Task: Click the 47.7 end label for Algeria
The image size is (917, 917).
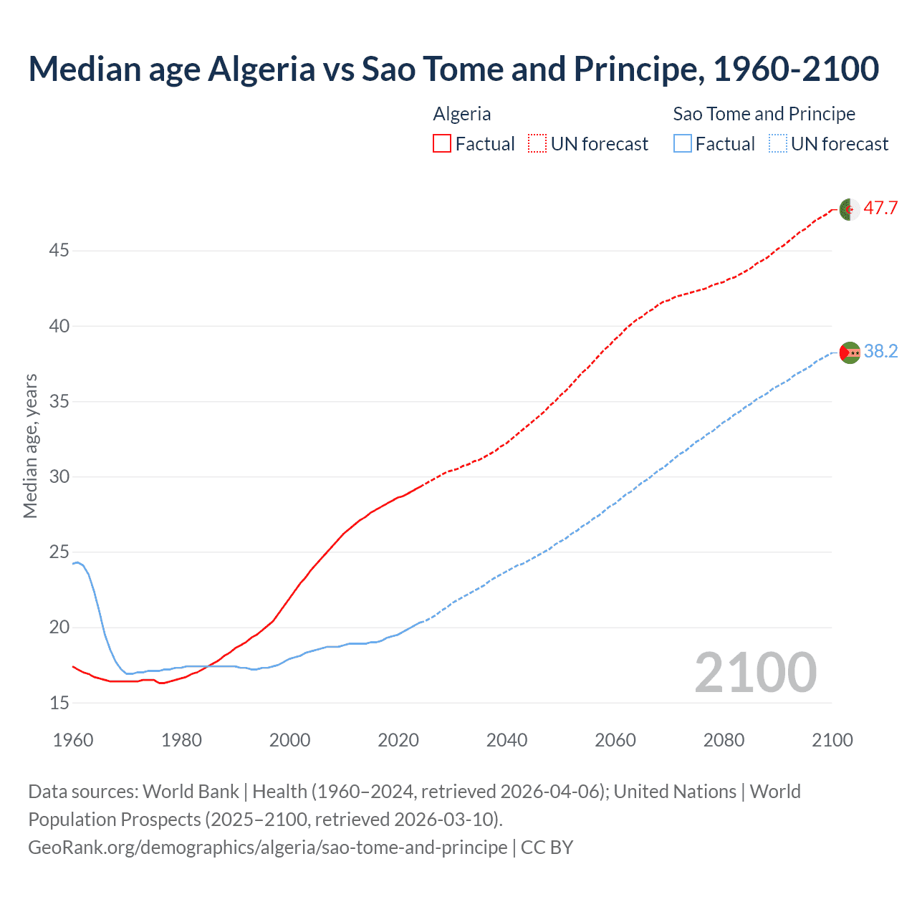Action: point(880,208)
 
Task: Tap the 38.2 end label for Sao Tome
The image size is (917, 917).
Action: point(880,351)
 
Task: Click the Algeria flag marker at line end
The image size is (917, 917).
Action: point(850,209)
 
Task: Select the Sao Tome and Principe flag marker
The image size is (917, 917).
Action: point(850,352)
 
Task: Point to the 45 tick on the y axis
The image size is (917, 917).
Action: point(59,251)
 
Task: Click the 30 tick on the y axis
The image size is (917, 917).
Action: point(59,476)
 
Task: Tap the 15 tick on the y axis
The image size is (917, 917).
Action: point(59,703)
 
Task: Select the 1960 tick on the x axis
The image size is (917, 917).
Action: point(73,740)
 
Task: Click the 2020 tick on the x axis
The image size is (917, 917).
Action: point(398,740)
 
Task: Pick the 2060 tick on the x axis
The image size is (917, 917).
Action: point(615,740)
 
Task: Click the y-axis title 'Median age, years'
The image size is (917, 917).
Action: point(30,446)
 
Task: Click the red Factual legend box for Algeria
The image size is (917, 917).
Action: point(442,144)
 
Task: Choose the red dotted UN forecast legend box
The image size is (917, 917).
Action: point(537,144)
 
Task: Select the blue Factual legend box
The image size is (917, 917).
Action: point(683,144)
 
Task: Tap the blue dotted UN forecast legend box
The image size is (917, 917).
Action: point(777,144)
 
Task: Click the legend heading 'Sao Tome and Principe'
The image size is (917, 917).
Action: point(764,114)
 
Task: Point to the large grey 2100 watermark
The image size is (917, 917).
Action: point(755,672)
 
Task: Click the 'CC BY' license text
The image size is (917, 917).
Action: point(547,847)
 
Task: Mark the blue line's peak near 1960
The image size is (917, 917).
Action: point(77,562)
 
